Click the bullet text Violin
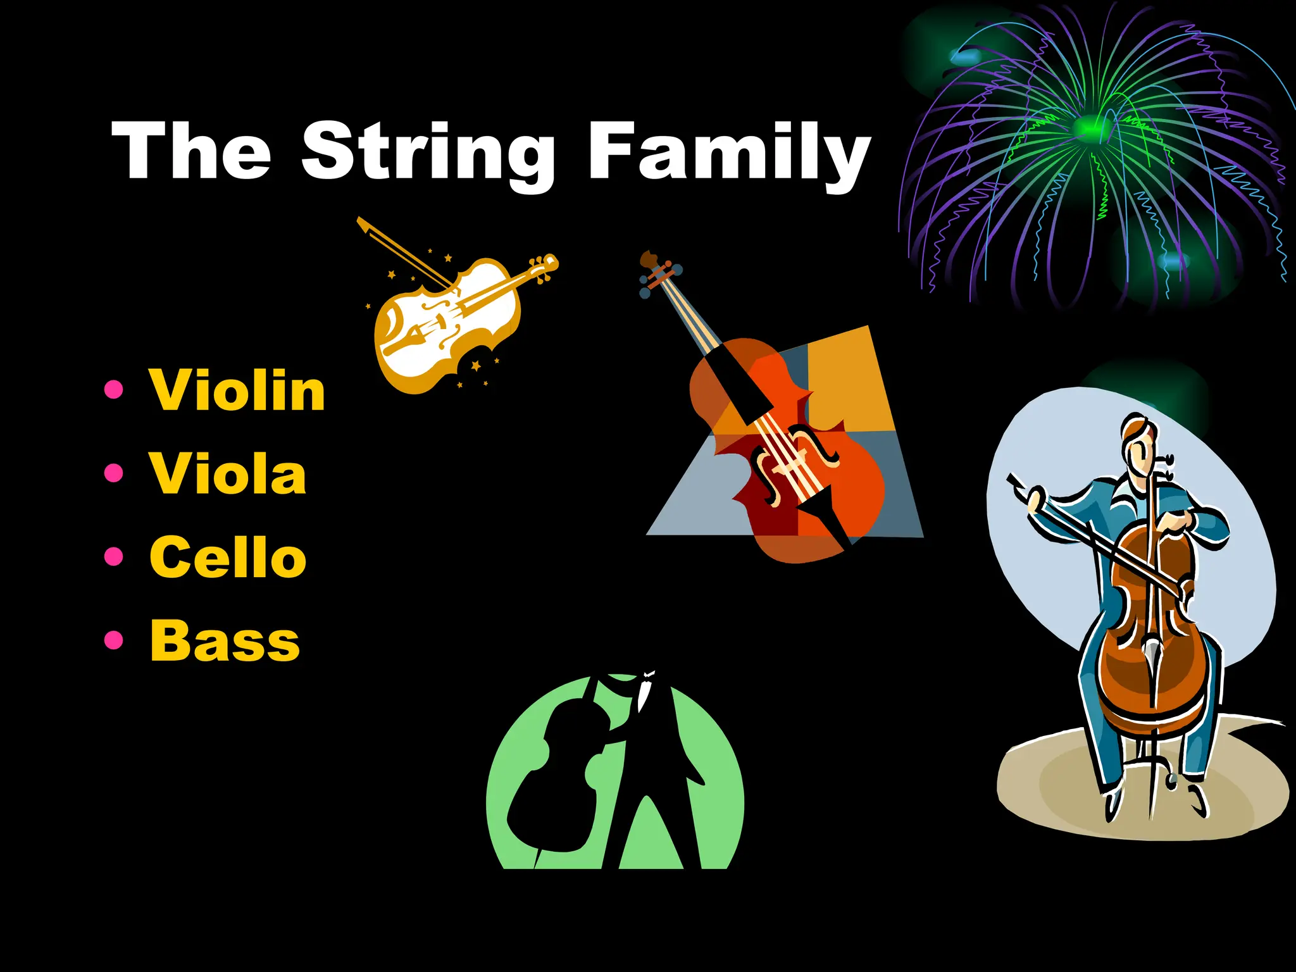[x=237, y=390]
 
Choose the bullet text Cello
[x=228, y=557]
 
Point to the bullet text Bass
[x=225, y=640]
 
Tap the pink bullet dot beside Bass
[x=114, y=640]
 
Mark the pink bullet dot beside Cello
[x=114, y=556]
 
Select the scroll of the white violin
[x=547, y=263]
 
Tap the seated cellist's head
[x=1139, y=443]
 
